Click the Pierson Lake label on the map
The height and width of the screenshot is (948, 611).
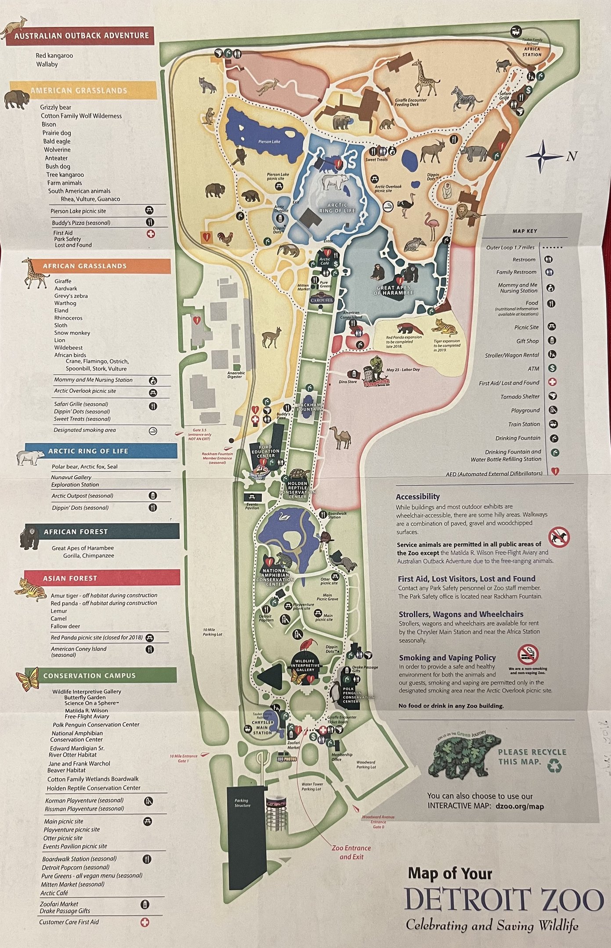click(269, 142)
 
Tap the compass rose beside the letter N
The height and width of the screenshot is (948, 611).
click(544, 156)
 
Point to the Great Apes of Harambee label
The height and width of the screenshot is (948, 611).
click(394, 291)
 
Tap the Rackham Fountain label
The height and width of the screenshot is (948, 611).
click(309, 407)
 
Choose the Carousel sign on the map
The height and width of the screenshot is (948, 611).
click(322, 300)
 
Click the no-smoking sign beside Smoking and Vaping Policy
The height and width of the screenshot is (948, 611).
click(528, 655)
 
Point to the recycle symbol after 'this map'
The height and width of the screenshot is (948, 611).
click(555, 765)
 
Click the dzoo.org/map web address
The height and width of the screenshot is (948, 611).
click(519, 806)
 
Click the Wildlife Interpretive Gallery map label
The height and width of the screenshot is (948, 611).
click(305, 665)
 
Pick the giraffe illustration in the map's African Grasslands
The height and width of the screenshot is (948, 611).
click(424, 78)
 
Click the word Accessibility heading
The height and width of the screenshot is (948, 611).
click(417, 497)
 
